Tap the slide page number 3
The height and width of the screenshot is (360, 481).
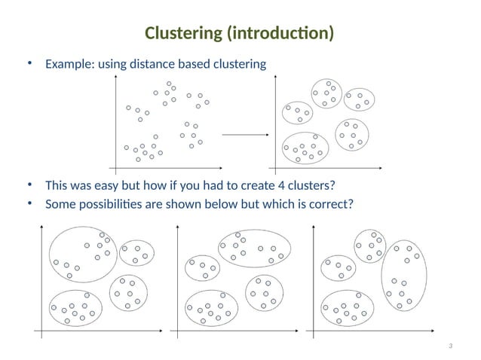450,346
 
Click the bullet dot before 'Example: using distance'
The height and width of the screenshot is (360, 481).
30,63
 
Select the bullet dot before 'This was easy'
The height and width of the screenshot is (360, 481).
30,185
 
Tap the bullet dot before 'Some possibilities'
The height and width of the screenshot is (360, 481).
30,203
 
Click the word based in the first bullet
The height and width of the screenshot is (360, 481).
193,64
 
